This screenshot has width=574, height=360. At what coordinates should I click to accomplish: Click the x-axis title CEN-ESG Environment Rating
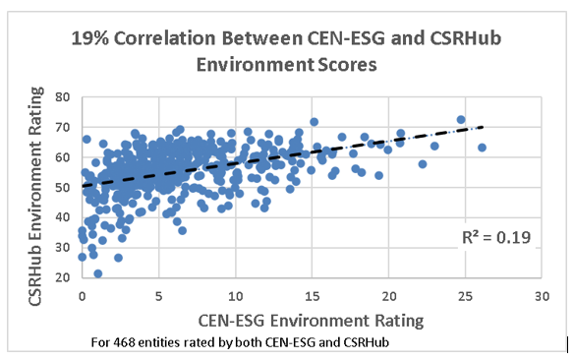(312, 319)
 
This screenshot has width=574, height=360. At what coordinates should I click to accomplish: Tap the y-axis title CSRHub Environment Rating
(38, 187)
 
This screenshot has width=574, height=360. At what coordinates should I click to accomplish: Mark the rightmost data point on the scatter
(482, 148)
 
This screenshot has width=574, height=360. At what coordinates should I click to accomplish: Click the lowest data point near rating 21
(97, 273)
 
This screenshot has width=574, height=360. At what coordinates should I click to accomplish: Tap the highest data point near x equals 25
(460, 120)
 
